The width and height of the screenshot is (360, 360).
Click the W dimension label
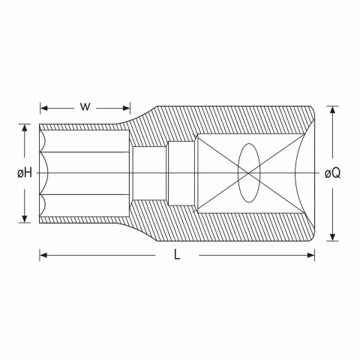tap(85, 107)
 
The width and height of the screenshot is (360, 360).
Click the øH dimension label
tap(25, 173)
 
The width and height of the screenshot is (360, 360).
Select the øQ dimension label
tap(332, 173)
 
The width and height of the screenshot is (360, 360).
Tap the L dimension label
tap(177, 255)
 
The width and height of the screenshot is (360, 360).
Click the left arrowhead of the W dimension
tap(43, 108)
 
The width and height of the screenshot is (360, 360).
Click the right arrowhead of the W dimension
tap(127, 108)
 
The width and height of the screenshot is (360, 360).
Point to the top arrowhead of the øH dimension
tap(25, 127)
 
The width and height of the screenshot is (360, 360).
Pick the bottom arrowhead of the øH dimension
tap(25, 219)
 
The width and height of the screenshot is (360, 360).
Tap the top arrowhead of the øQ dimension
tap(332, 109)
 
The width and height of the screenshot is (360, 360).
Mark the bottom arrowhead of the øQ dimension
tap(332, 237)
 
